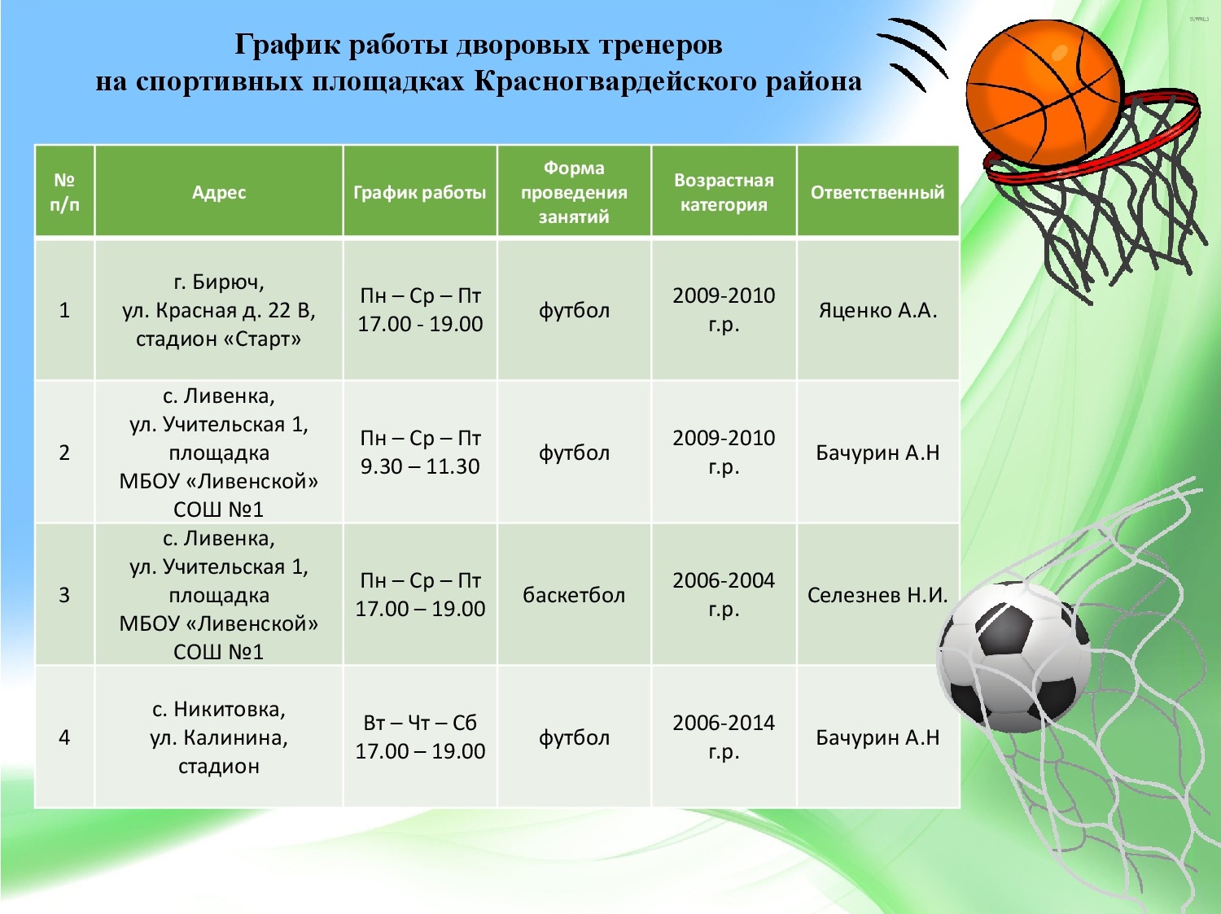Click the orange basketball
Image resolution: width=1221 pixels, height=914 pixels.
point(1043,93)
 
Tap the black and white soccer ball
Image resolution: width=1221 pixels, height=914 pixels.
point(1014,656)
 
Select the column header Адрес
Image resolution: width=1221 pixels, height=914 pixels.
point(219,192)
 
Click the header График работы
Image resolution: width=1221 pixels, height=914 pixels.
point(420,192)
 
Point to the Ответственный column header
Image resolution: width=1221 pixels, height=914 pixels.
point(877,192)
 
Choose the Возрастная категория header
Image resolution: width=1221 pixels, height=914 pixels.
point(724,192)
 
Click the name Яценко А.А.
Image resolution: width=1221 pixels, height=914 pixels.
point(877,309)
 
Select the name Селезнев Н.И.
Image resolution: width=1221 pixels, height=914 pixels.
point(877,595)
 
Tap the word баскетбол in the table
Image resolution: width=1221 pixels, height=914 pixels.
point(574,595)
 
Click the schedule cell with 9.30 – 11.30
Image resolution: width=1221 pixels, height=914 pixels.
point(420,452)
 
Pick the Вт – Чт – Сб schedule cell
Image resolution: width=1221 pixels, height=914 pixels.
point(420,737)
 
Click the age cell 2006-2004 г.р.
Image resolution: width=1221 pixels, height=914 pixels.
point(724,594)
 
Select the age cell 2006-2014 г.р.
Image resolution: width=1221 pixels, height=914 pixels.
point(724,737)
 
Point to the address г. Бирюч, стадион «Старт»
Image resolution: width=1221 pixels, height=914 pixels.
point(219,310)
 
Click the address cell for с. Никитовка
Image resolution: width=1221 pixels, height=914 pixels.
point(219,737)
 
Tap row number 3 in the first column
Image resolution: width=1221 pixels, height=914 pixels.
point(64,595)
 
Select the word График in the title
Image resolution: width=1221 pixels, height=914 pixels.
point(287,45)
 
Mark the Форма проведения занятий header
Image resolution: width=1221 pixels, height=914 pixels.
point(574,192)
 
